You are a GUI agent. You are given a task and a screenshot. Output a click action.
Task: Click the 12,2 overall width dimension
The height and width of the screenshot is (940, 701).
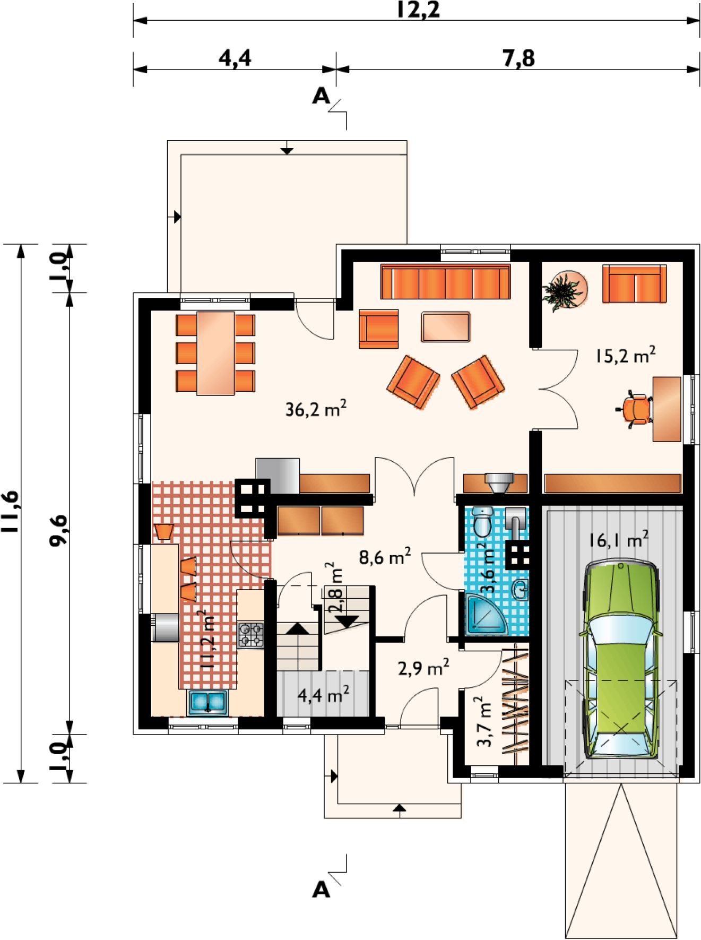[418, 10]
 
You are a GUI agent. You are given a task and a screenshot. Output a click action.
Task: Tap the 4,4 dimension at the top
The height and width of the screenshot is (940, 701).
[235, 58]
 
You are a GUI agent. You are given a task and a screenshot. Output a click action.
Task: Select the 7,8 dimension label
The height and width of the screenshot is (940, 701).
[518, 58]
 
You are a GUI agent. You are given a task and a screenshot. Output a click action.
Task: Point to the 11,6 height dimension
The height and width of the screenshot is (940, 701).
[10, 512]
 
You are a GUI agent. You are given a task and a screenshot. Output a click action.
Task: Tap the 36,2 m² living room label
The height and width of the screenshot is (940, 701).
[316, 409]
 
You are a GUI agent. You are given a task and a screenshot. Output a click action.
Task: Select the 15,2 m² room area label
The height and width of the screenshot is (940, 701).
[625, 355]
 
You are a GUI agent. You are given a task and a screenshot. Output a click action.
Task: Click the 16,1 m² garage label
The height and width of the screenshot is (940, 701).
[618, 539]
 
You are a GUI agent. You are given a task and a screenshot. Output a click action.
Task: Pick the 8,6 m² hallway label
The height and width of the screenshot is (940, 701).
[385, 557]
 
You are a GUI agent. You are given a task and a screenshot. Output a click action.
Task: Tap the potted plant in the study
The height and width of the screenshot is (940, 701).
[564, 290]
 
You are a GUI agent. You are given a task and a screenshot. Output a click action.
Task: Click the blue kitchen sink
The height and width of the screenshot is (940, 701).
[208, 702]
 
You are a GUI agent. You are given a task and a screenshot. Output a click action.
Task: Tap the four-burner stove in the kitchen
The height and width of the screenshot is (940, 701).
[250, 635]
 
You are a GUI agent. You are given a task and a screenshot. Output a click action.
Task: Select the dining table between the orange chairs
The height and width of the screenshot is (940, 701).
[215, 353]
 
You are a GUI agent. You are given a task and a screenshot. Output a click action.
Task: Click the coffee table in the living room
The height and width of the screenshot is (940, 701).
[446, 327]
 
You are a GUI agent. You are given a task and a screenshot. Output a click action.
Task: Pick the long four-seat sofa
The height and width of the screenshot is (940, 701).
[446, 281]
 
